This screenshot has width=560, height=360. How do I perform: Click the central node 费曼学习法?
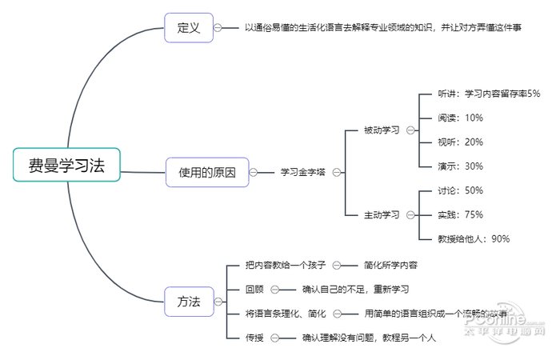[x=66, y=165]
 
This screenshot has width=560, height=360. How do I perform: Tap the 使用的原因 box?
[x=207, y=172]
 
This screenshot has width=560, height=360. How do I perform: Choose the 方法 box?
[x=188, y=302]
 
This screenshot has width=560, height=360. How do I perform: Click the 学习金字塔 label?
[x=302, y=172]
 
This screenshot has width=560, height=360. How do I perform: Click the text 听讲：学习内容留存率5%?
[x=489, y=94]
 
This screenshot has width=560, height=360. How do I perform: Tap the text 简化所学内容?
[x=390, y=265]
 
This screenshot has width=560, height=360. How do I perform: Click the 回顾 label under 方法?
[x=255, y=289]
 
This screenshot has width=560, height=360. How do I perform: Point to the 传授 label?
[x=255, y=338]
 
